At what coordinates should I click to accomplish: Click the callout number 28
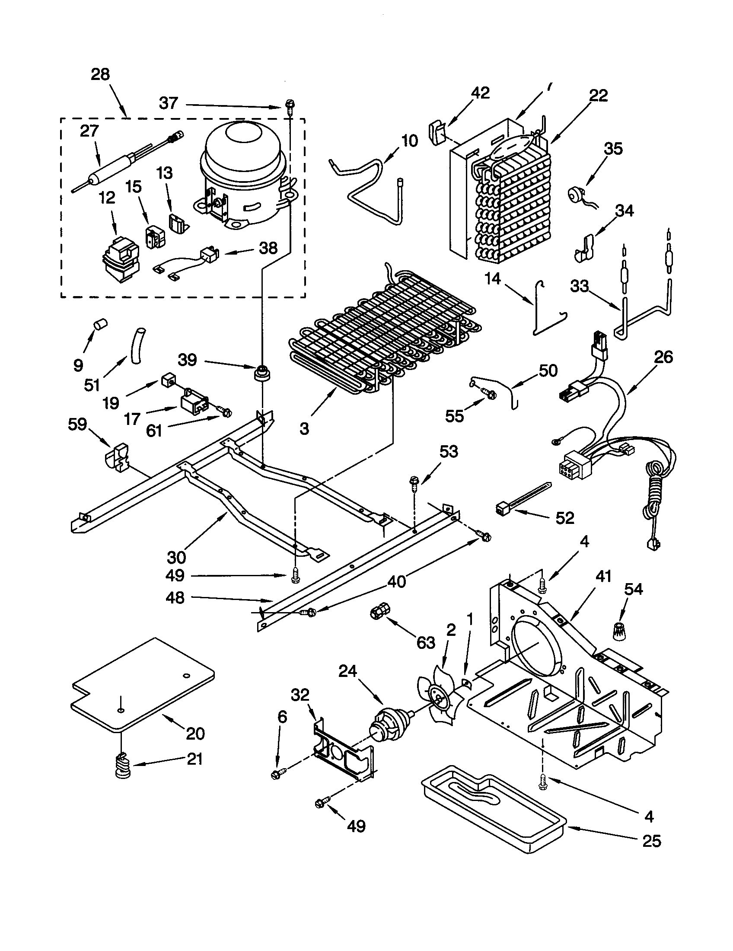(x=100, y=74)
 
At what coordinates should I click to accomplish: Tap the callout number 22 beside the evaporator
(x=598, y=96)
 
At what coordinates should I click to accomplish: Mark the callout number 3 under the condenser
(x=304, y=428)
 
